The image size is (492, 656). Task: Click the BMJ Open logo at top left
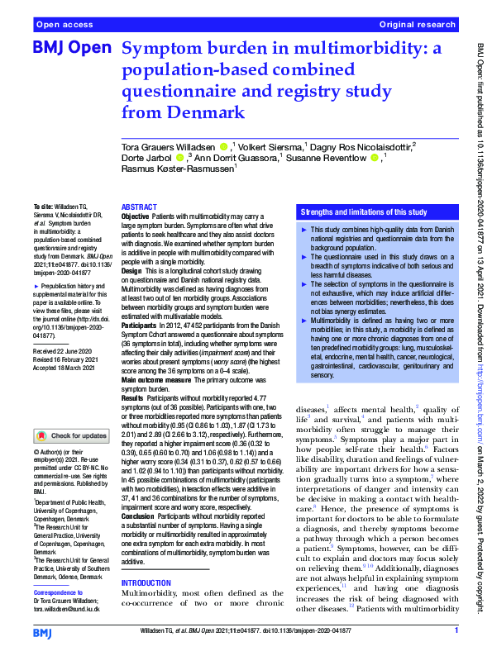coord(70,49)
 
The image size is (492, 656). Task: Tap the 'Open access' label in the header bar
coord(64,26)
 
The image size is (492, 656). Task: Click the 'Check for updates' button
coord(71,435)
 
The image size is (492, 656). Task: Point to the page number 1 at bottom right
coord(456,630)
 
